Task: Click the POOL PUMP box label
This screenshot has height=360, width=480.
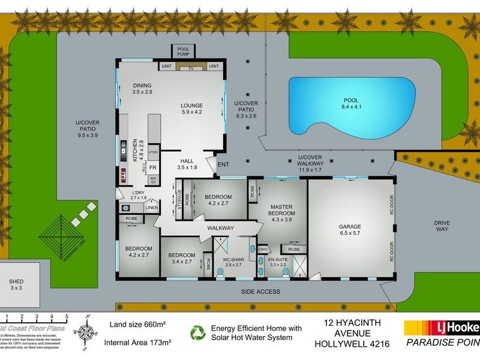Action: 183,52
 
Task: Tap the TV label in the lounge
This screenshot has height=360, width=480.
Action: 191,68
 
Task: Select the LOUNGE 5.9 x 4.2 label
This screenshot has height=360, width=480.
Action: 193,108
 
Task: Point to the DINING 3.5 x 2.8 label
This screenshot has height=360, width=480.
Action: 142,89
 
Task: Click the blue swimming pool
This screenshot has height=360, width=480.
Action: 351,106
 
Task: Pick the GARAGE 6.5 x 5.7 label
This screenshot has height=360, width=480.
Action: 350,230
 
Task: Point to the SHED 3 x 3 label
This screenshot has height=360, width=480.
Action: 16,284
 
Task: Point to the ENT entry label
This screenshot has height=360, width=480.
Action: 223,164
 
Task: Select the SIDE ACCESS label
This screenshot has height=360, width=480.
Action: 260,292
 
